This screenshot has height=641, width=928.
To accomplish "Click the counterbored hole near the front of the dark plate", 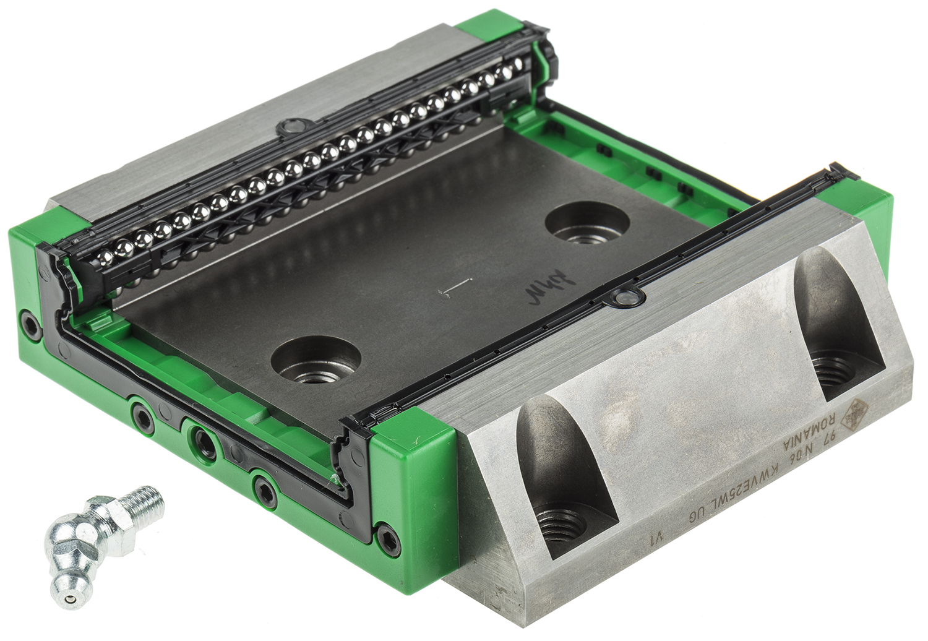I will point(317,363).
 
